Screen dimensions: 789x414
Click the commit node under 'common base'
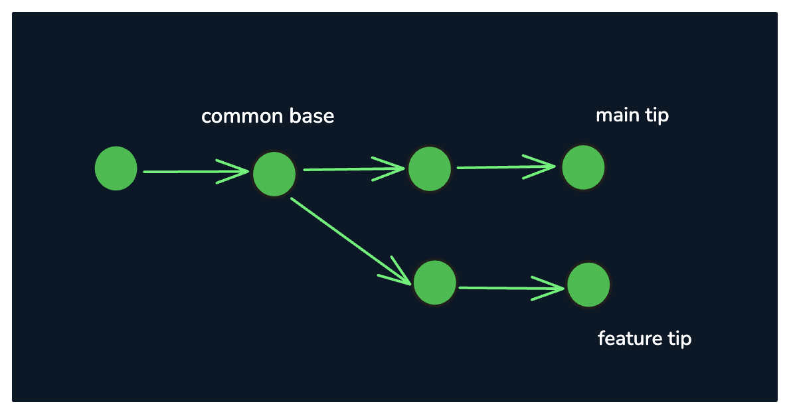[274, 174]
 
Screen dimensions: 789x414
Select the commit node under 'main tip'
[583, 167]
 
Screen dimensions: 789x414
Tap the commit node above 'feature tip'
[588, 285]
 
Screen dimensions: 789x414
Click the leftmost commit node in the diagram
[116, 169]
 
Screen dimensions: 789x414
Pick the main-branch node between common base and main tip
[430, 169]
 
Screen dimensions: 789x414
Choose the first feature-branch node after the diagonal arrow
[435, 283]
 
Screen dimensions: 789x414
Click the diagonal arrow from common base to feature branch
[351, 241]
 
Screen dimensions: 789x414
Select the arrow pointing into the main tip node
[506, 167]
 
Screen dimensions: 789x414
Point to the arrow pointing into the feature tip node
[512, 288]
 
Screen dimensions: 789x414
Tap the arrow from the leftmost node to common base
[196, 172]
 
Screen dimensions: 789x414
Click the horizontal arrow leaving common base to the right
[354, 169]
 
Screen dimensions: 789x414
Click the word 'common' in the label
[234, 117]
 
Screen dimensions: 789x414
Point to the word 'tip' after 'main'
[657, 115]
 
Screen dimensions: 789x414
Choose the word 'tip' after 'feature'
[680, 338]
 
